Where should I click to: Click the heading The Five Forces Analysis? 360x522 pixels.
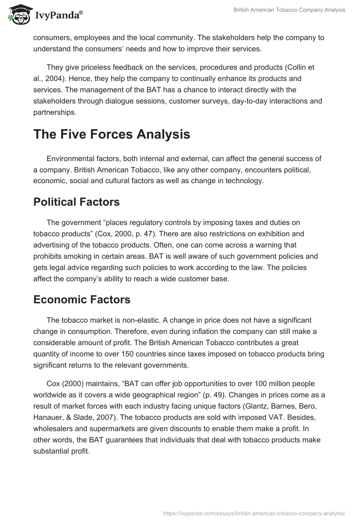(x=112, y=134)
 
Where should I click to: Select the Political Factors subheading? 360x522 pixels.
(x=76, y=202)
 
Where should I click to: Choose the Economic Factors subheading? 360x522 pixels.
(x=82, y=300)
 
